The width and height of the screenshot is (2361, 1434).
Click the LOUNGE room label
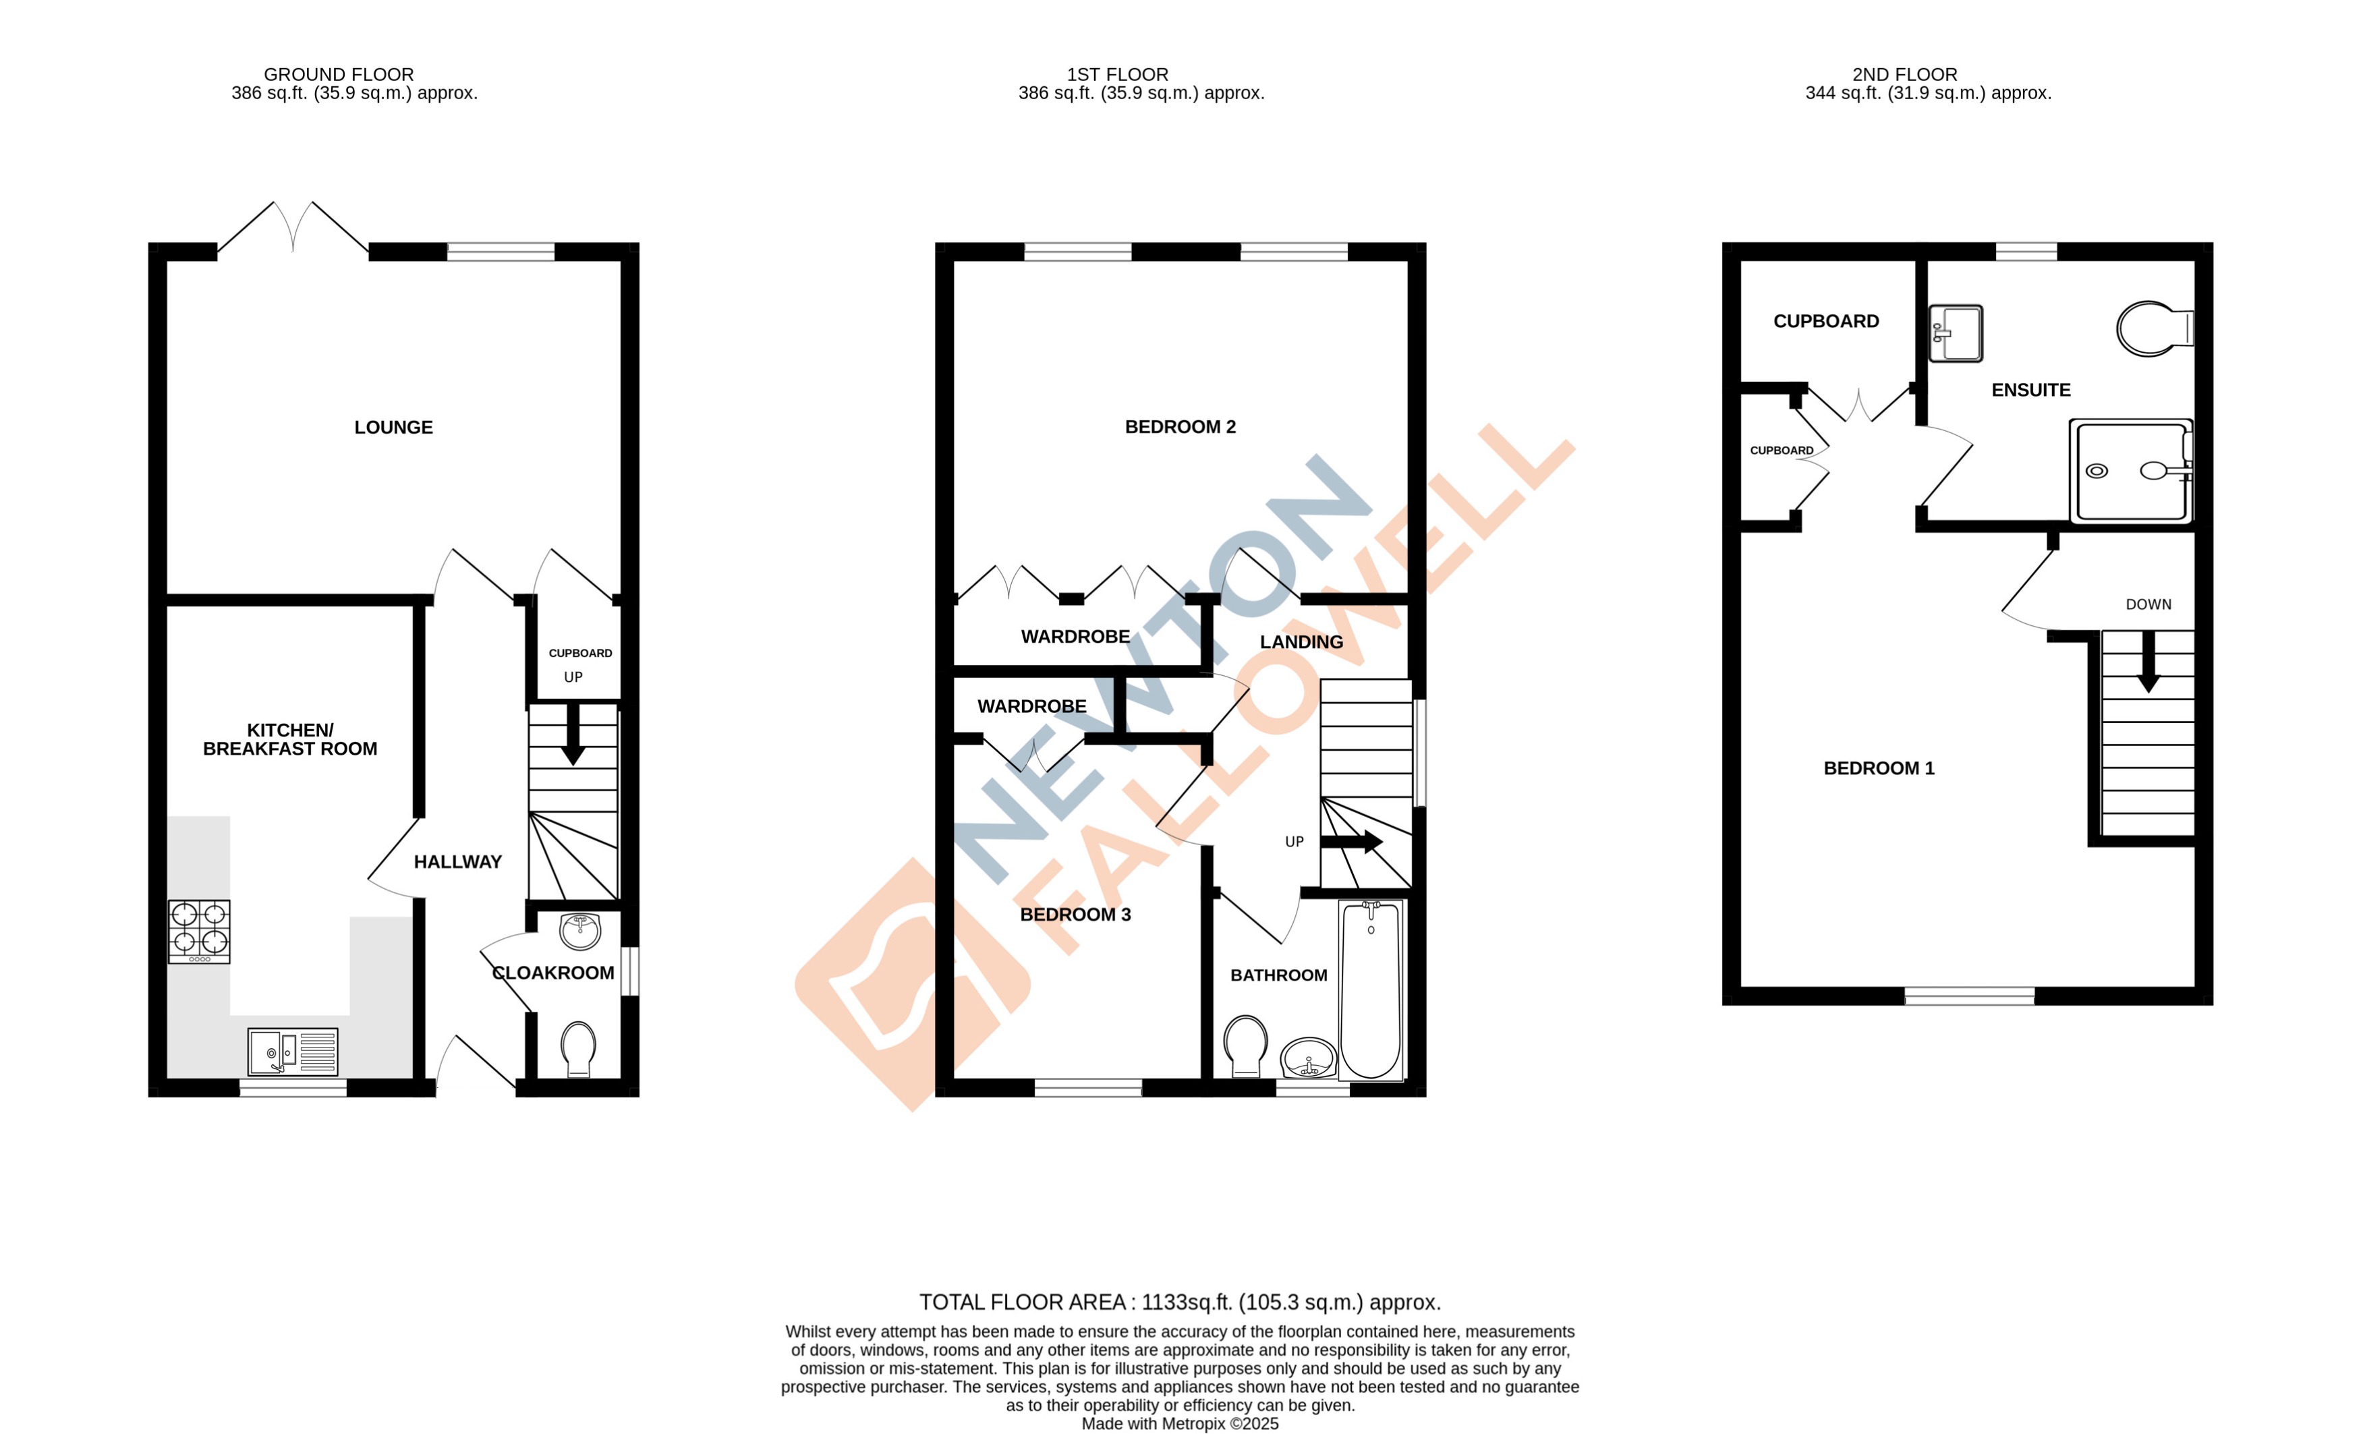pyautogui.click(x=393, y=427)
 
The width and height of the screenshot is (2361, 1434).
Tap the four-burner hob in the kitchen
pyautogui.click(x=199, y=930)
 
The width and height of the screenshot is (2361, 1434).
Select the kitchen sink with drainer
pyautogui.click(x=292, y=1051)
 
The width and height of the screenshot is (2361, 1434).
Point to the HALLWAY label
pyautogui.click(x=457, y=862)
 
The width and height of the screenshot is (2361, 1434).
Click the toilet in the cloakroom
pyautogui.click(x=578, y=1048)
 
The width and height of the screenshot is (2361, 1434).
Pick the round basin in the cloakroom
pyautogui.click(x=579, y=930)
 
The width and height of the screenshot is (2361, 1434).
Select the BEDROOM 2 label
pyautogui.click(x=1180, y=427)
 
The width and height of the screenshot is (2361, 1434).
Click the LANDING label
pyautogui.click(x=1301, y=642)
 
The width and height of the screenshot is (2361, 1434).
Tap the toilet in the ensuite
pyautogui.click(x=2152, y=328)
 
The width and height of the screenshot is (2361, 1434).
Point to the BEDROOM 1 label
pyautogui.click(x=1878, y=768)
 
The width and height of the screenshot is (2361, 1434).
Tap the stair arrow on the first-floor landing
pyautogui.click(x=1351, y=842)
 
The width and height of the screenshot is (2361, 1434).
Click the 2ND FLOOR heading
pyautogui.click(x=1904, y=75)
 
